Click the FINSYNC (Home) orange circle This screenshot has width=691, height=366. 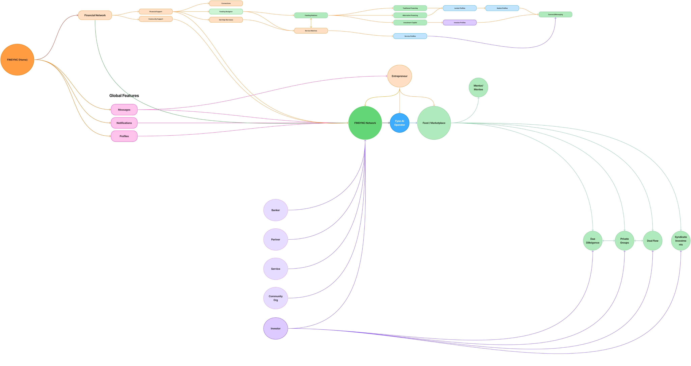(17, 60)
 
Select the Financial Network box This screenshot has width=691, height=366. (95, 15)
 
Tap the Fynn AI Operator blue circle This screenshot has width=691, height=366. (399, 123)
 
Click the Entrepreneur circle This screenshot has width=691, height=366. (399, 76)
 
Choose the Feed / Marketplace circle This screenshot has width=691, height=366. (434, 123)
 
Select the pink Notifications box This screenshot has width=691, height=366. (124, 123)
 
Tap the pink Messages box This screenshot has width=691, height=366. (124, 110)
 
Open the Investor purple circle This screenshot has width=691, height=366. (275, 328)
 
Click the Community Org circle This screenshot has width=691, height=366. (275, 298)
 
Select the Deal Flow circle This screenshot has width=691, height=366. (652, 241)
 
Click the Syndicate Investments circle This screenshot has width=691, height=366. (681, 241)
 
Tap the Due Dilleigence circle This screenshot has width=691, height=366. (592, 241)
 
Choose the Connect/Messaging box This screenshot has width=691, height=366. (555, 14)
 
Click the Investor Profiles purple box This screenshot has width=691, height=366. (460, 23)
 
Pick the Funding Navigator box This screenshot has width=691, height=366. (226, 11)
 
